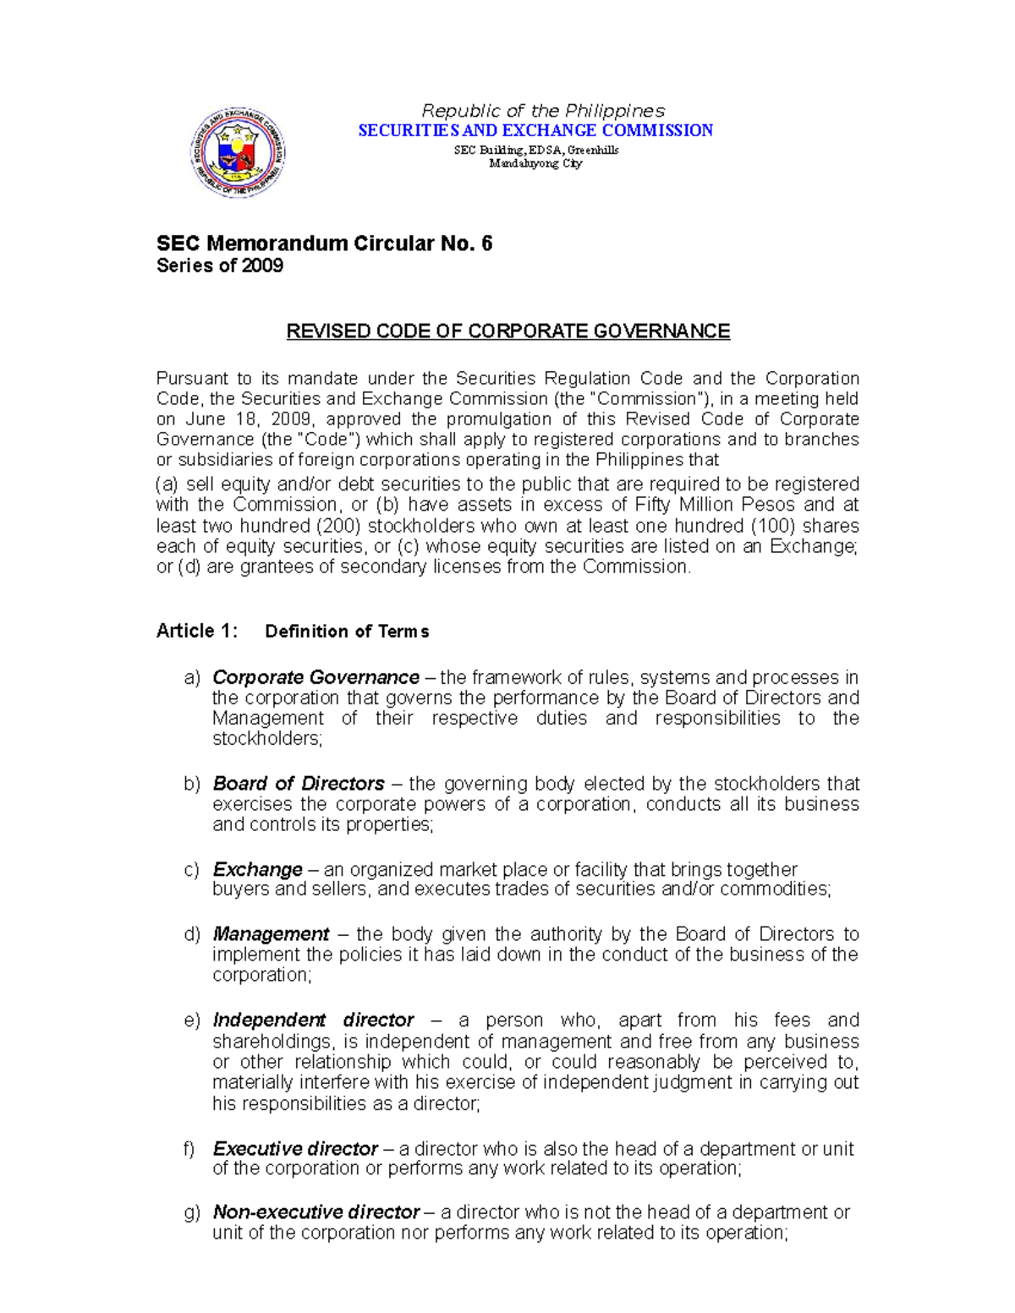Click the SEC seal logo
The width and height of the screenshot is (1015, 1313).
[x=238, y=153]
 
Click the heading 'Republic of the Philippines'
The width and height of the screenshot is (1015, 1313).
[x=543, y=111]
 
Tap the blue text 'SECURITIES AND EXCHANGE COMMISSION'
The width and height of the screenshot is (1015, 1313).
[x=535, y=130]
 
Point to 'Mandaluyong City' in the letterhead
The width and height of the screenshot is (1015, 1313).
[x=535, y=163]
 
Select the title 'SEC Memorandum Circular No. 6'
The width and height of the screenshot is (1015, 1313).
[x=324, y=243]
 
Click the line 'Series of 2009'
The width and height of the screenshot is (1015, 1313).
[x=220, y=266]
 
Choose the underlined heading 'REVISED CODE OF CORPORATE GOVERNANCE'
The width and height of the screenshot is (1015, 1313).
[x=507, y=331]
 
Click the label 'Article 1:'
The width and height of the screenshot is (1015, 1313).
[x=197, y=632]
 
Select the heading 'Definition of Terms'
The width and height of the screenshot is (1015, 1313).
[x=347, y=632]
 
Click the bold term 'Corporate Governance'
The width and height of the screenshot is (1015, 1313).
[x=315, y=678]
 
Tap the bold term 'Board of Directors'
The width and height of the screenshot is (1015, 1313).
[x=299, y=784]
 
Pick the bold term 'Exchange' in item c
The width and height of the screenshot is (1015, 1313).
[x=257, y=870]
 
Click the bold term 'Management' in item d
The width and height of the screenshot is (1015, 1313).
[x=271, y=934]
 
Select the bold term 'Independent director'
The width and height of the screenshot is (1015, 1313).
[x=313, y=1020]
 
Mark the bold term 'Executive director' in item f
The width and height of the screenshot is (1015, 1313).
[x=295, y=1149]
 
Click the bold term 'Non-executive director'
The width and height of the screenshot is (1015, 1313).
[x=315, y=1212]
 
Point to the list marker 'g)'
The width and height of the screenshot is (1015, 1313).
[x=192, y=1212]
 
